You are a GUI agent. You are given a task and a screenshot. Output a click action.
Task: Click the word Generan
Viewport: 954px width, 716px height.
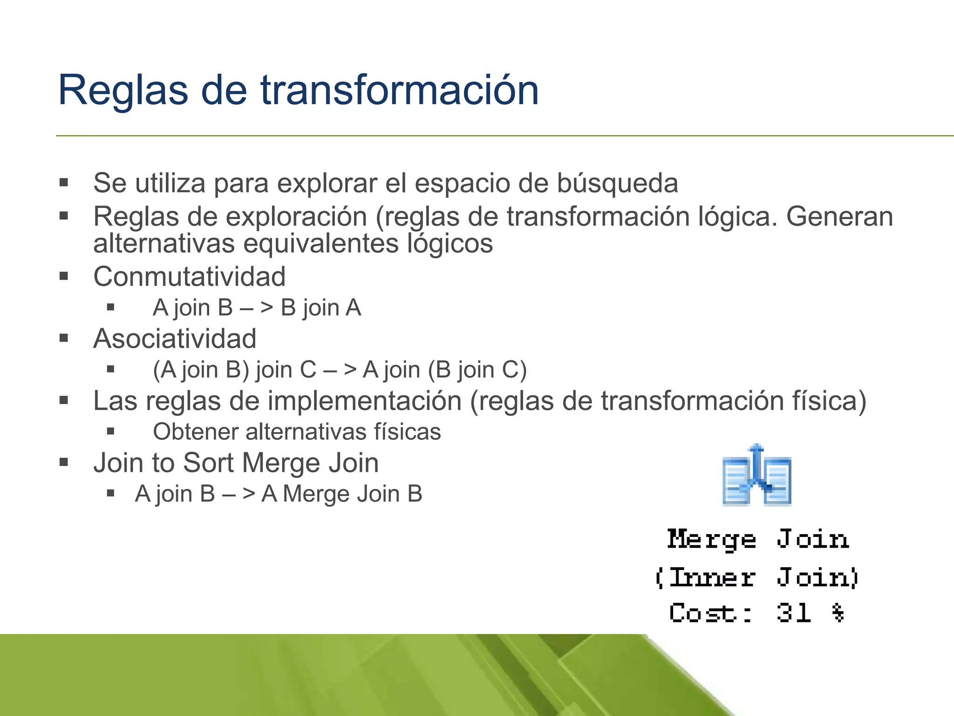(839, 217)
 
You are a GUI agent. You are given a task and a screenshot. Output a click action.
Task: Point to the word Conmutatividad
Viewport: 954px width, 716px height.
(189, 276)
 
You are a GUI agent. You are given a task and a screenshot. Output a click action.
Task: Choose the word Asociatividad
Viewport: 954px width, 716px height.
(175, 338)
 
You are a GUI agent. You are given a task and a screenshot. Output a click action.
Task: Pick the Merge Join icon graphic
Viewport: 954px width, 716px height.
(757, 476)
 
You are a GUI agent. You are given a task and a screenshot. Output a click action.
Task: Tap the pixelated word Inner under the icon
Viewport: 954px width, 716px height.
(712, 578)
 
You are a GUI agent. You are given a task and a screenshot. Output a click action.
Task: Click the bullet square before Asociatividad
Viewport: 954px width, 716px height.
(64, 338)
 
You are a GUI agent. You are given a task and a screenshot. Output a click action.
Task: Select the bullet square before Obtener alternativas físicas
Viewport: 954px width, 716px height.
(110, 431)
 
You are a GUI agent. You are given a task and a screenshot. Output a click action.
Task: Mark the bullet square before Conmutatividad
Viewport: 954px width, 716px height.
(64, 276)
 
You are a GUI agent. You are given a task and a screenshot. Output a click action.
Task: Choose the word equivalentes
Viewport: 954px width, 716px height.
(321, 244)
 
